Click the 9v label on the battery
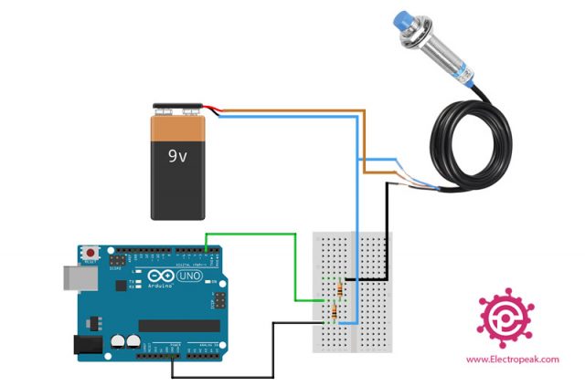pos(177,156)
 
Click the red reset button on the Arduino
pos(91,251)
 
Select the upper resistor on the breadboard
pos(341,290)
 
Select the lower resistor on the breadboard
pos(334,314)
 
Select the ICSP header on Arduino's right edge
pos(218,300)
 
